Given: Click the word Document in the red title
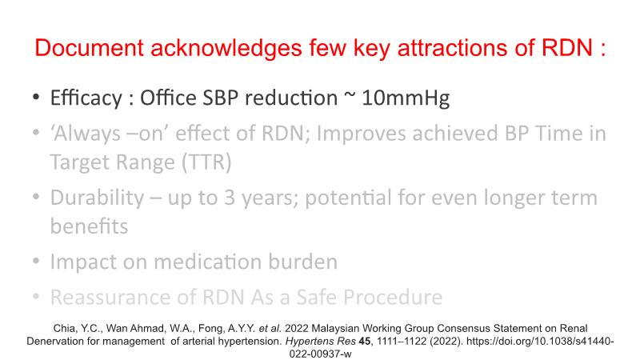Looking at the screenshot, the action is point(90,48).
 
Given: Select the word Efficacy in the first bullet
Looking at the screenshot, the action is point(86,98).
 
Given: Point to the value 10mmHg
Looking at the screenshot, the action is point(406,98).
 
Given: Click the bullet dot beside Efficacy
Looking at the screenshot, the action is point(36,98).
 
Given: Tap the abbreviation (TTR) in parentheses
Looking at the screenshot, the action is point(206,162).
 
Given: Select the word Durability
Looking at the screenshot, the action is point(97,198).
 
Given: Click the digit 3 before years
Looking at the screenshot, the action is point(230,198).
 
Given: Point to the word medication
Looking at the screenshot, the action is point(207,262).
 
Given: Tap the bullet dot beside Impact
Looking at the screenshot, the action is point(36,261).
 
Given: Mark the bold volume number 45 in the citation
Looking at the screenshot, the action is point(365,342).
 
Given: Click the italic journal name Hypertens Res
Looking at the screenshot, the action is point(321,342).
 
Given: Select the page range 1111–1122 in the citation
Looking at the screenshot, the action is point(402,342).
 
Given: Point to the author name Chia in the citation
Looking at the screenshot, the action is point(64,329).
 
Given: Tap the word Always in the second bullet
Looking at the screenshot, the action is point(86,134).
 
